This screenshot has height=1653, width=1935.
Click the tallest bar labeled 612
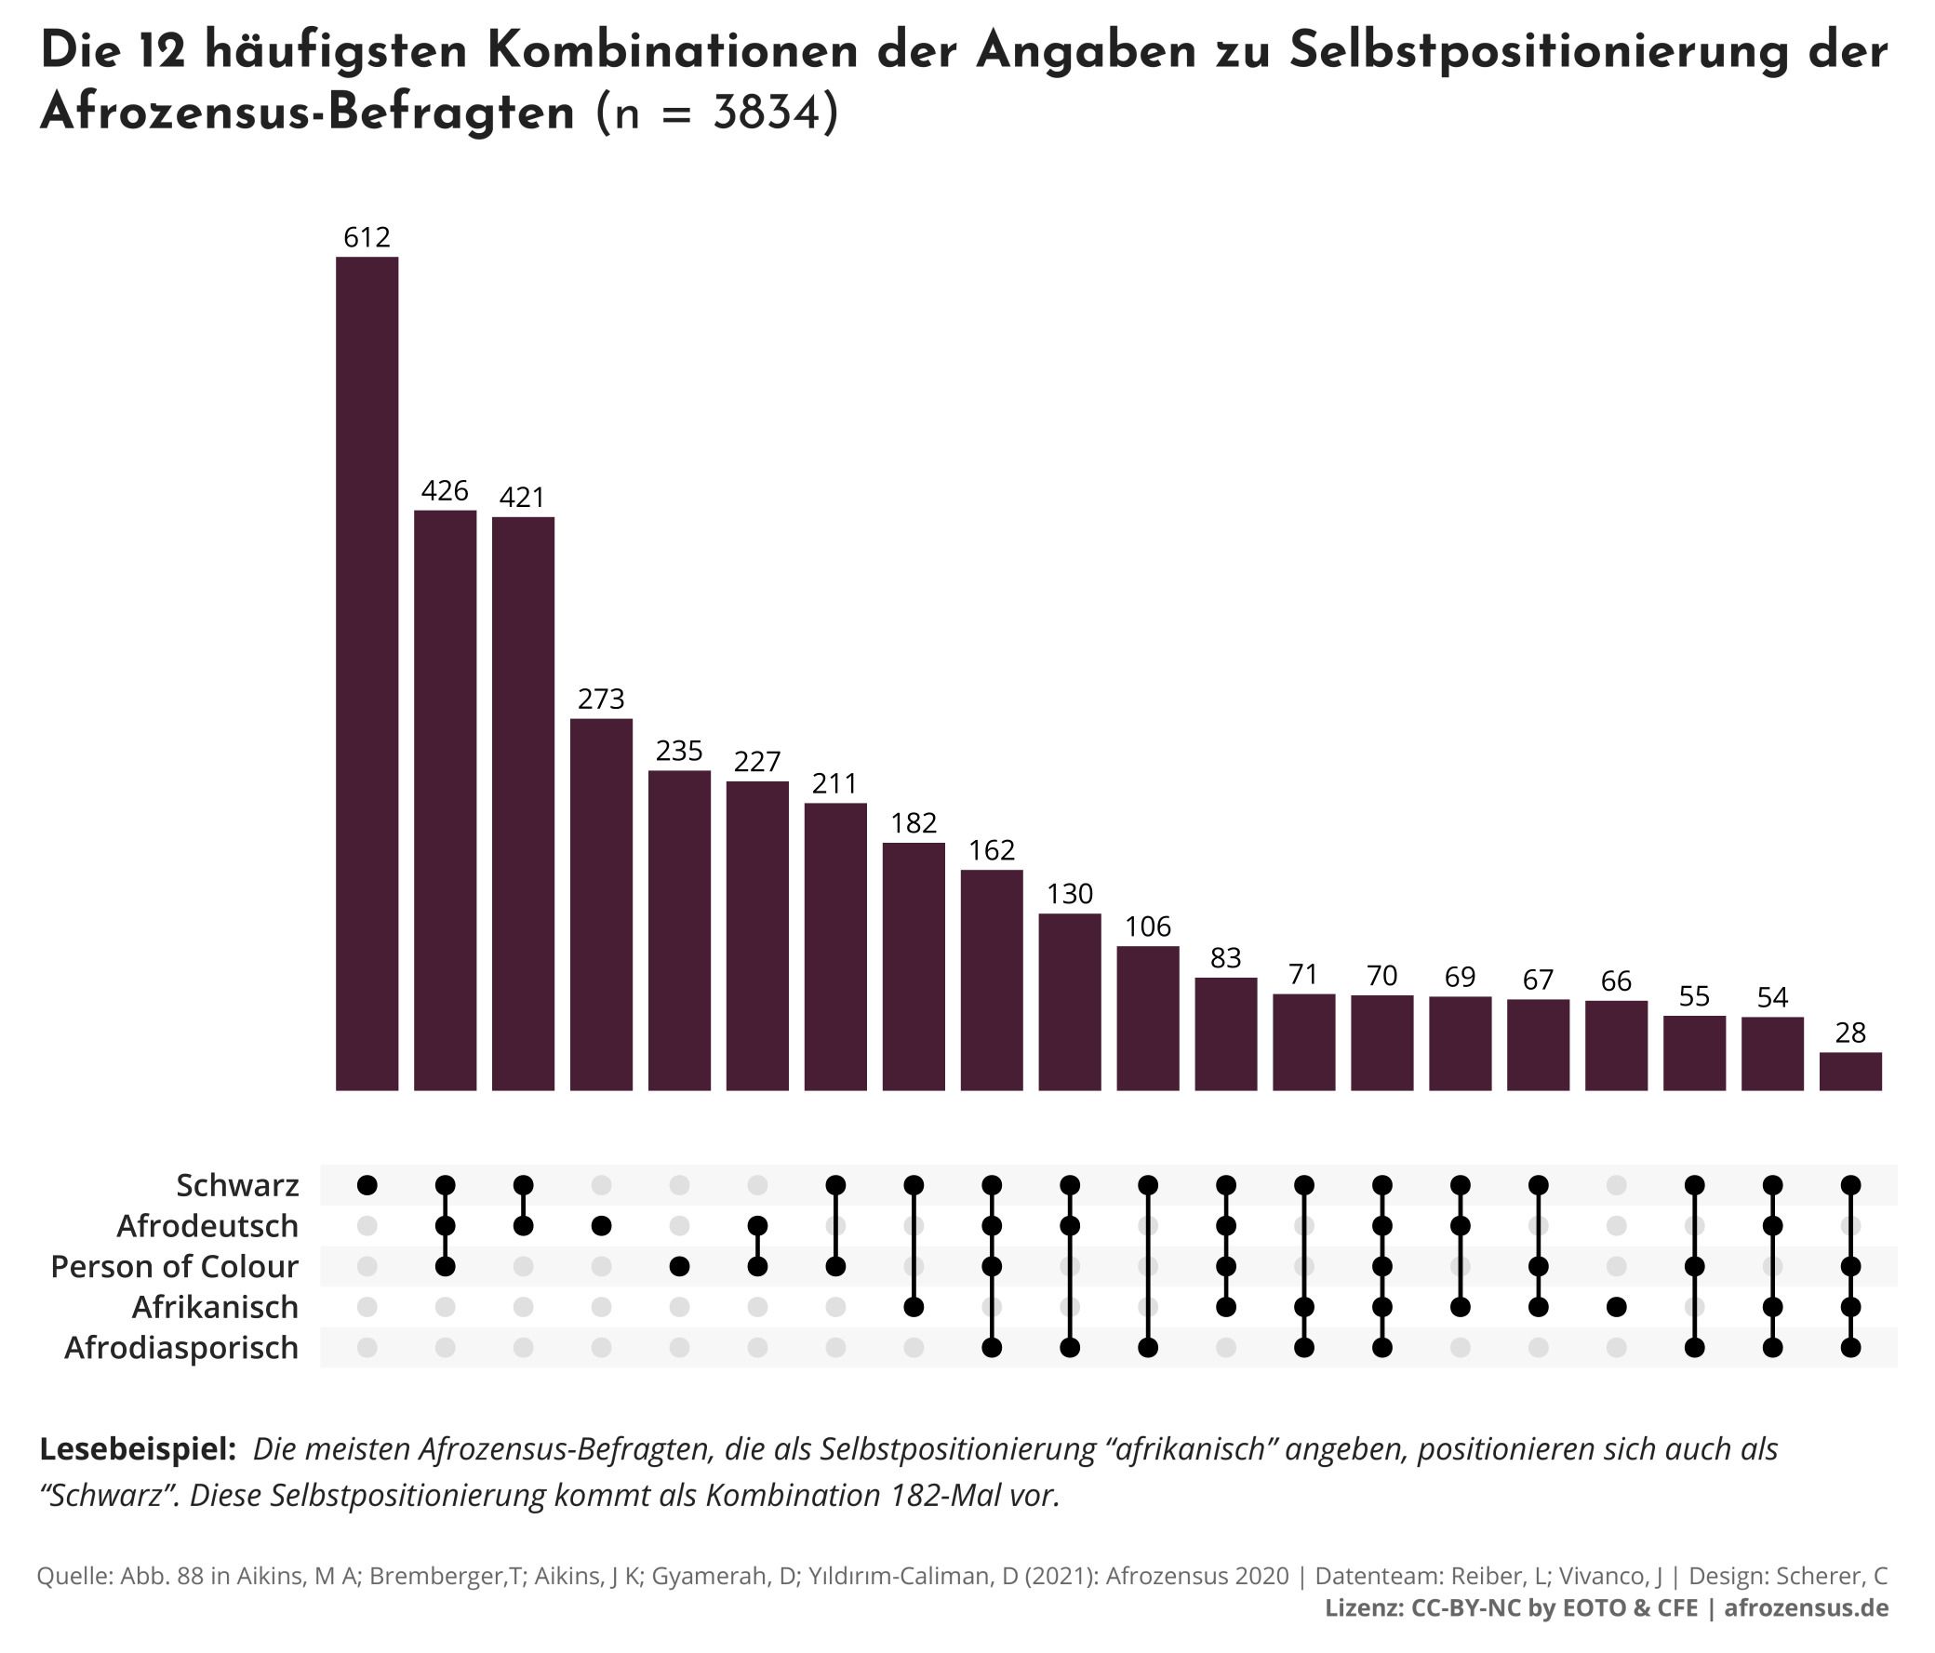[367, 673]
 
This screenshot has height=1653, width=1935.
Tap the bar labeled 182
[914, 966]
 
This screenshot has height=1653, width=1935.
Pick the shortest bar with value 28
[1850, 1072]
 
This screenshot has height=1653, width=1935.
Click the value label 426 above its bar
[445, 490]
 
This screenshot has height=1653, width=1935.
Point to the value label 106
[1148, 926]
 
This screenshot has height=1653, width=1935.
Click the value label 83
[1225, 958]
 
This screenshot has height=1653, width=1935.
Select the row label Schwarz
[237, 1185]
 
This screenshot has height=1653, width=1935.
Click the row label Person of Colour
[175, 1266]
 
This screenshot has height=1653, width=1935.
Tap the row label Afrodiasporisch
[181, 1348]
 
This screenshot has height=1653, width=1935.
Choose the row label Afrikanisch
[215, 1307]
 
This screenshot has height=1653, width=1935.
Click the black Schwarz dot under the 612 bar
[367, 1185]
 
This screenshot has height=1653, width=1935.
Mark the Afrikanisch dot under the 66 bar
[1617, 1308]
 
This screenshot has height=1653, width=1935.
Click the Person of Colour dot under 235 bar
[679, 1266]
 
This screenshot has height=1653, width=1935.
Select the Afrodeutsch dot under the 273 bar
[601, 1225]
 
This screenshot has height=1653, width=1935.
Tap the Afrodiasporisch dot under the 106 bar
[1148, 1348]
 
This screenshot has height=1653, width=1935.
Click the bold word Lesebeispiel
[138, 1448]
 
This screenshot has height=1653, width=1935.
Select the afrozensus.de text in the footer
[1806, 1607]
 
